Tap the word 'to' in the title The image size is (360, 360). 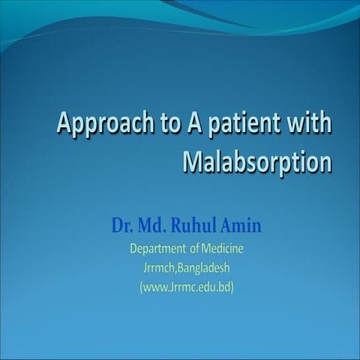tap(163, 124)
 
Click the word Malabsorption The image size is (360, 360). tap(256, 162)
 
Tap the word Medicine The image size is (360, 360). tap(222, 248)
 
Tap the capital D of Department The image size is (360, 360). tap(133, 248)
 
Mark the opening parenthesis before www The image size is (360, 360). tap(141, 286)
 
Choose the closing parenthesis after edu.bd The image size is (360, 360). tap(232, 286)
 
